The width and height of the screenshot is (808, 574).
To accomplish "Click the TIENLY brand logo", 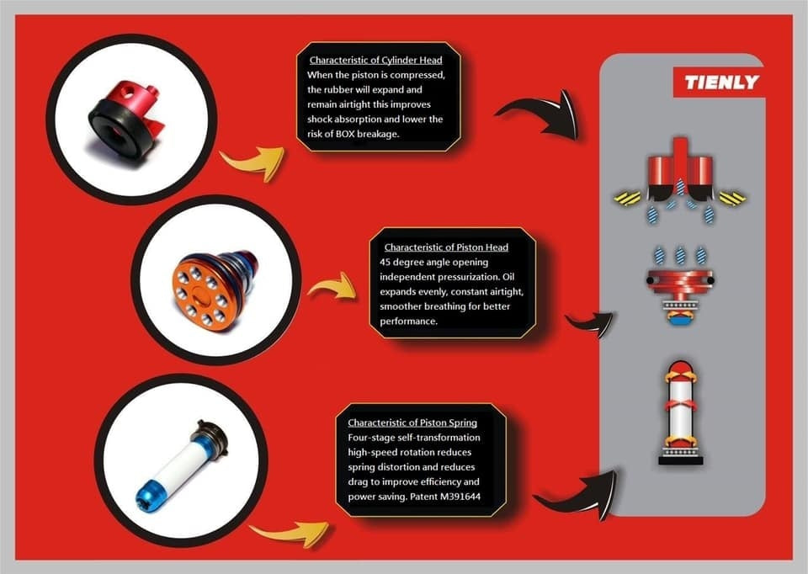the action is click(721, 82).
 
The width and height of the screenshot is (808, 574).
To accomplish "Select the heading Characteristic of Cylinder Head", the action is click(375, 60).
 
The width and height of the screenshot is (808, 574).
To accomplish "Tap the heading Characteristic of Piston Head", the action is click(446, 247).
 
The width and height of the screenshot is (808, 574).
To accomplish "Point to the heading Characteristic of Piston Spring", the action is click(412, 423).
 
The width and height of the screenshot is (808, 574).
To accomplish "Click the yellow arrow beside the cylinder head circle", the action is click(252, 162).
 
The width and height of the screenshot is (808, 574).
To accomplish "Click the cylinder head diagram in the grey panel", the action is click(680, 180).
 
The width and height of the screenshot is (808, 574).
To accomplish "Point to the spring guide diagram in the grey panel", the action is click(681, 413).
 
